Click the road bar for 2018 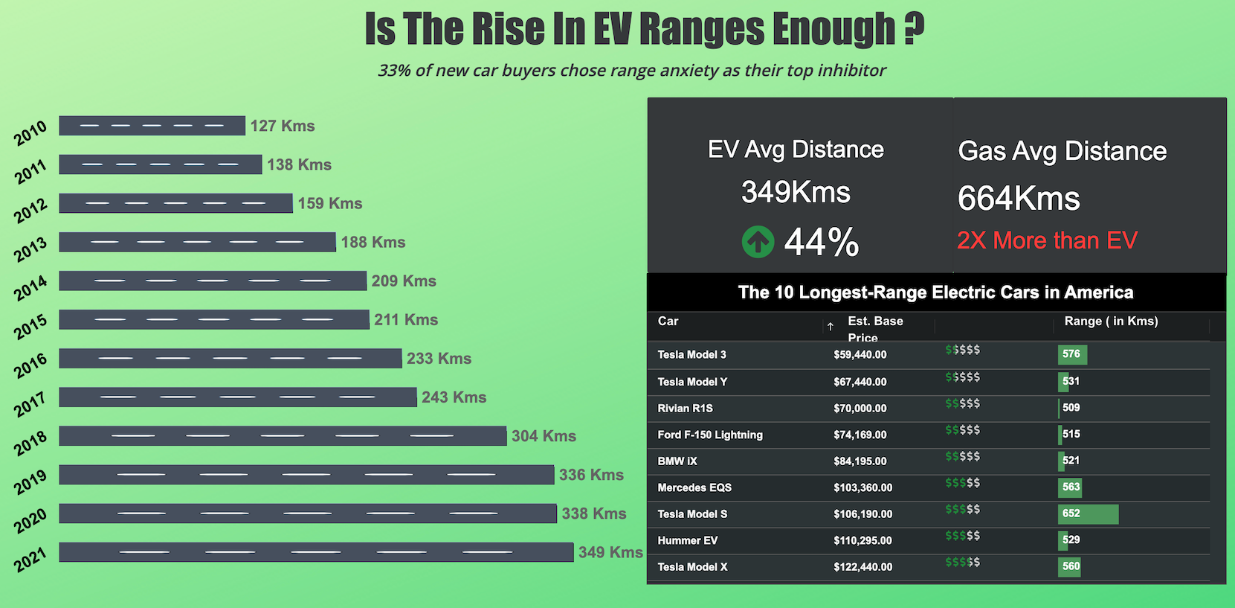point(283,436)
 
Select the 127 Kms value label point(283,127)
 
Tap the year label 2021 point(30,559)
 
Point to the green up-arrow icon point(758,242)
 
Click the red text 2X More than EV point(1047,240)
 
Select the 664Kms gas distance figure point(1019,199)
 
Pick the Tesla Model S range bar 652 point(1088,513)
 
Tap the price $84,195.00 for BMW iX point(860,461)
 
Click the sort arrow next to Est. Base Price point(831,327)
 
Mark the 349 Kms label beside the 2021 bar point(610,552)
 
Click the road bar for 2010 point(152,126)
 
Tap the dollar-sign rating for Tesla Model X point(962,562)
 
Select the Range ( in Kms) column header point(1111,321)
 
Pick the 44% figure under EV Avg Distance point(821,243)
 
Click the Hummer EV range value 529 point(1071,540)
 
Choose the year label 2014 point(30,288)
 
